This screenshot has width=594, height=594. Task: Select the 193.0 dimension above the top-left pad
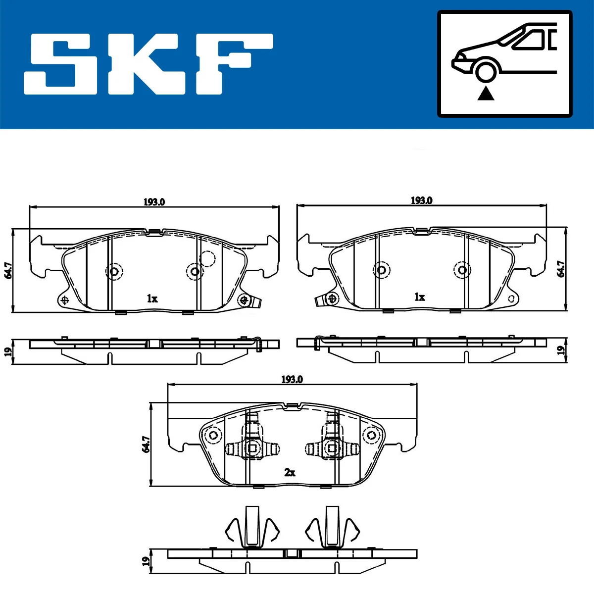coord(154,202)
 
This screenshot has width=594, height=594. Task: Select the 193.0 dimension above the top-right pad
coord(421,200)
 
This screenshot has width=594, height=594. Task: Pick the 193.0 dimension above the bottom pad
coord(292,380)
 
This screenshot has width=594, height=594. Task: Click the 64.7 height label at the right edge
coord(561,269)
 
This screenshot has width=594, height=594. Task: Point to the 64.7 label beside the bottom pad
coord(146,444)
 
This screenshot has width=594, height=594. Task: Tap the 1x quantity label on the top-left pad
coord(152,298)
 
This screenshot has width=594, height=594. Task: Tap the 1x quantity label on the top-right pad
coord(419,297)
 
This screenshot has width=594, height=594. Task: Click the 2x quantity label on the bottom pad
coord(290,473)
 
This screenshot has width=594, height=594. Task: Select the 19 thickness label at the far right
coord(561,350)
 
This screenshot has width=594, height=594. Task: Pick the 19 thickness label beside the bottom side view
coord(146,561)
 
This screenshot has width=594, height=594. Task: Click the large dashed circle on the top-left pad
coord(207,258)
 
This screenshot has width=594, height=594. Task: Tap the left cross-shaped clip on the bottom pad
coord(251,447)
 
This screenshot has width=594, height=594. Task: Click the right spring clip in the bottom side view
coord(332,530)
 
